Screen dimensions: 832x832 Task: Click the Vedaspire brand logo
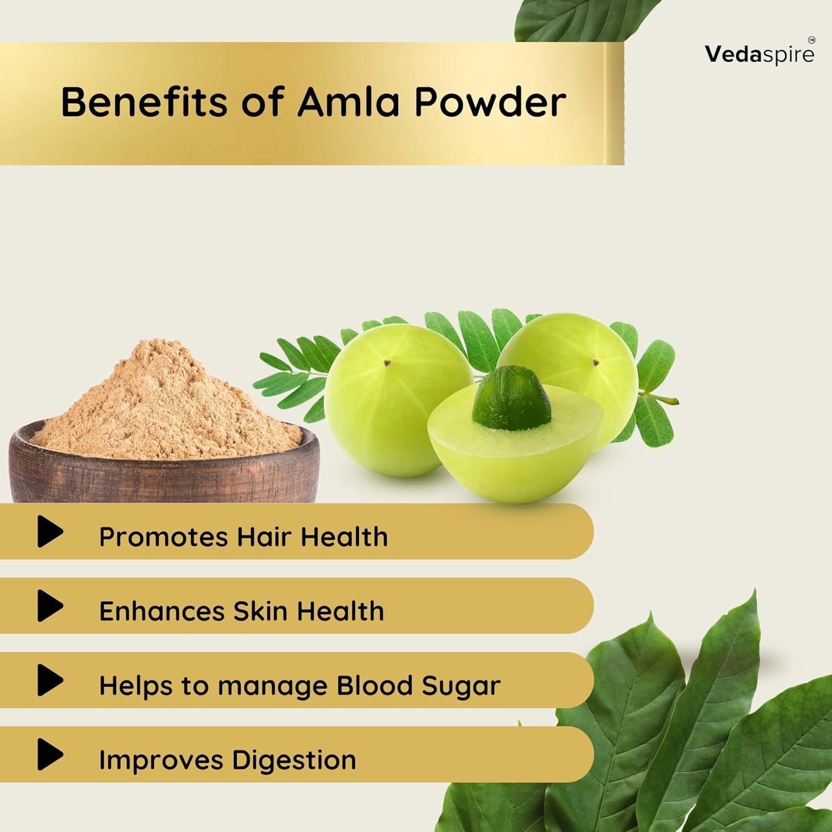click(759, 53)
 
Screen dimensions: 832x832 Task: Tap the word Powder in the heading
click(490, 102)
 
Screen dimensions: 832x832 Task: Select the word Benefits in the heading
click(144, 102)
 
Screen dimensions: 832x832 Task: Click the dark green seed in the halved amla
click(511, 398)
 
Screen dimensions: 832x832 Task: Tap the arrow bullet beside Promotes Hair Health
click(50, 531)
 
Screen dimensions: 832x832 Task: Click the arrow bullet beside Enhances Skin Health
click(50, 606)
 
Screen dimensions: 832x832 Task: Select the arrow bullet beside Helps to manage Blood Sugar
click(50, 680)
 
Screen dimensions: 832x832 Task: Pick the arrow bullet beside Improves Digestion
click(50, 754)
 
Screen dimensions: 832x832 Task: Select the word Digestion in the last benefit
click(294, 760)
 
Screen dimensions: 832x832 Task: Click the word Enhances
click(162, 612)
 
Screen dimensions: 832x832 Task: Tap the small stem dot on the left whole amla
click(387, 363)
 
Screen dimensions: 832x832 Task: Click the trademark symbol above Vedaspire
click(811, 40)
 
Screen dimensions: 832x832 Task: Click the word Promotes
click(164, 537)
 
